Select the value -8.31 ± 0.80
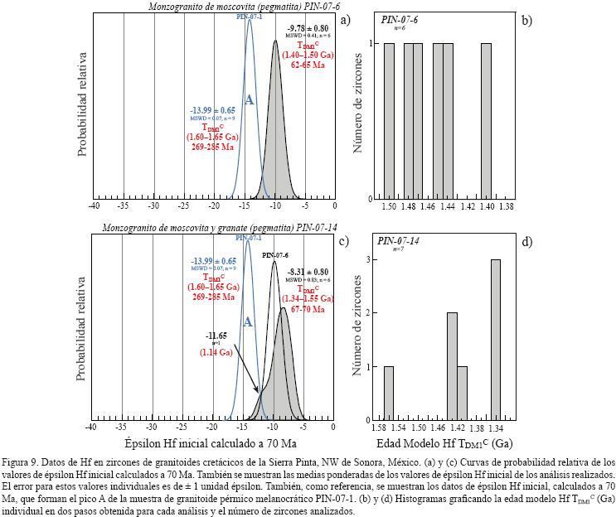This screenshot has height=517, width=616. pos(308,272)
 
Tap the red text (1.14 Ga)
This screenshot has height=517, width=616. pos(217,352)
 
